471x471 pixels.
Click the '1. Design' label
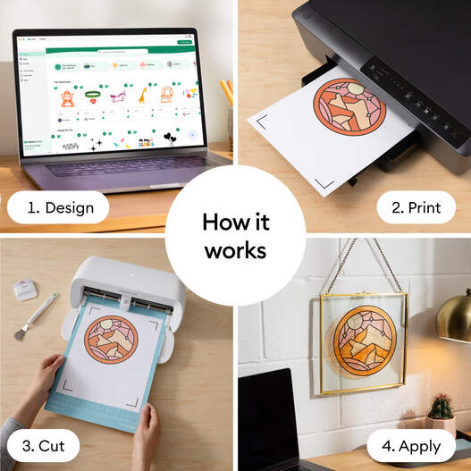[58, 208]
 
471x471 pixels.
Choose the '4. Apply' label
[414, 445]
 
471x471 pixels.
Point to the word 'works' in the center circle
[235, 250]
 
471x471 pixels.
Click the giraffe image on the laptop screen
[141, 96]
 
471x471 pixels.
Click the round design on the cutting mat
[110, 339]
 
